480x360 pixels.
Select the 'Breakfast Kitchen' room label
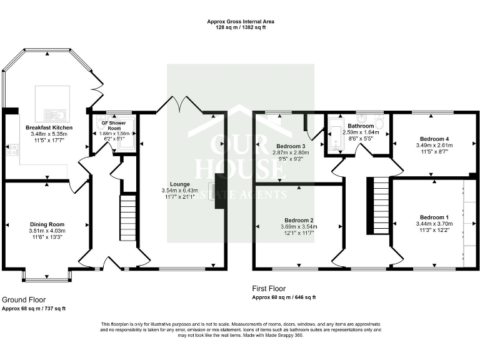click(x=49, y=127)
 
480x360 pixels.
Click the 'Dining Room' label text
click(x=47, y=224)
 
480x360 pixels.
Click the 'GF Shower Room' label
click(x=114, y=125)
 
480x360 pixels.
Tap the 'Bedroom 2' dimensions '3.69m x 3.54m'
click(x=299, y=227)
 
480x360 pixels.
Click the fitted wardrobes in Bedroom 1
click(x=467, y=222)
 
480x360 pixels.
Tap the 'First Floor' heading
click(x=269, y=289)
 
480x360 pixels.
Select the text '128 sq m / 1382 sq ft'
click(x=241, y=28)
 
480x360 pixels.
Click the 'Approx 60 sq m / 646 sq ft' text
click(x=283, y=297)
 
